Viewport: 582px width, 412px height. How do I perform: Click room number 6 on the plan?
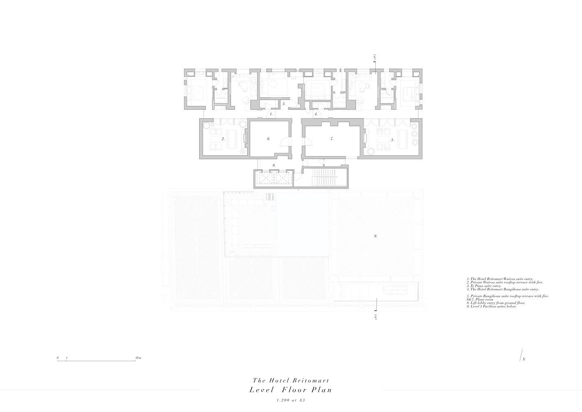click(268, 139)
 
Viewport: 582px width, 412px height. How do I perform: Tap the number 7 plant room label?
click(332, 139)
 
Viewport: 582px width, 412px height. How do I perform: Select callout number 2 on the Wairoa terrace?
click(223, 139)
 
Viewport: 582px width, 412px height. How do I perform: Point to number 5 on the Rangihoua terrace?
click(392, 140)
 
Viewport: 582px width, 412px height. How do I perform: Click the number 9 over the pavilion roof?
click(375, 236)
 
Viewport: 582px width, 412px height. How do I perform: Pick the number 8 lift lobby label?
click(274, 165)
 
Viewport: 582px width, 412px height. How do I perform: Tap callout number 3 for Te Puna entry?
click(284, 104)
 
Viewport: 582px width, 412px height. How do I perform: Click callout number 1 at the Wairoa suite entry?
click(271, 113)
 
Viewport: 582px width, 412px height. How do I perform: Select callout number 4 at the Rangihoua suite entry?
click(316, 114)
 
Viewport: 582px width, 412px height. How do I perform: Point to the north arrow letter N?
click(524, 359)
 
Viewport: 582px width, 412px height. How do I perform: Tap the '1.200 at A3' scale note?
click(291, 400)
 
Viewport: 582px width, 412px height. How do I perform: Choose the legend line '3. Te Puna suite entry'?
click(484, 286)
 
